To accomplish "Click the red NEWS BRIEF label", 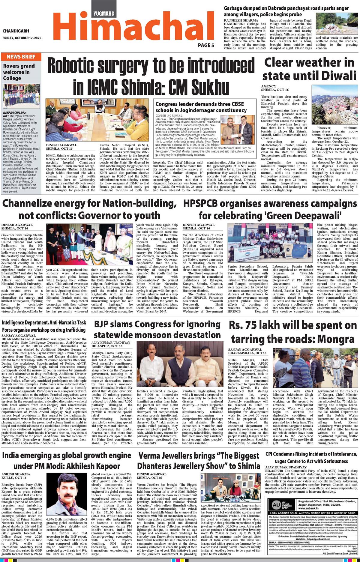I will tap(21, 57).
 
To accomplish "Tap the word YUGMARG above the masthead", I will tap(103, 13).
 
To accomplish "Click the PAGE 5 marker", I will tap(206, 45).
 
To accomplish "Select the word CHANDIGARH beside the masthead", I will tap(16, 31).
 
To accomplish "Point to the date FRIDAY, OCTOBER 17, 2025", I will tap(22, 38).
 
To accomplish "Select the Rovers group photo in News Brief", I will tap(21, 96).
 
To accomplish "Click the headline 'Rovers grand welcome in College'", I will tap(19, 72).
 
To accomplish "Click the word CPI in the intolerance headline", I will tap(271, 454).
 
